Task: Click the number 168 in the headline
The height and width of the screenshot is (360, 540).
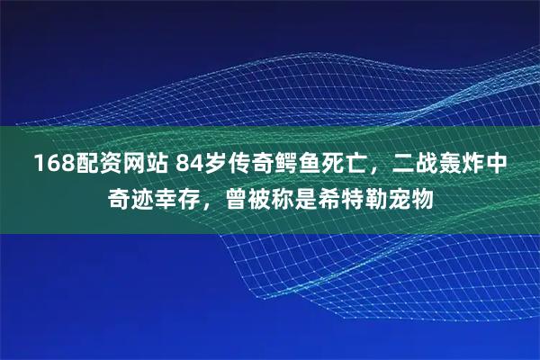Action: point(52,164)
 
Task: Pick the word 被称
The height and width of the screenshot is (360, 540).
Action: point(271,195)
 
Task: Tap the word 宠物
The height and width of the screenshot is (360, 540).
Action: point(411,195)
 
